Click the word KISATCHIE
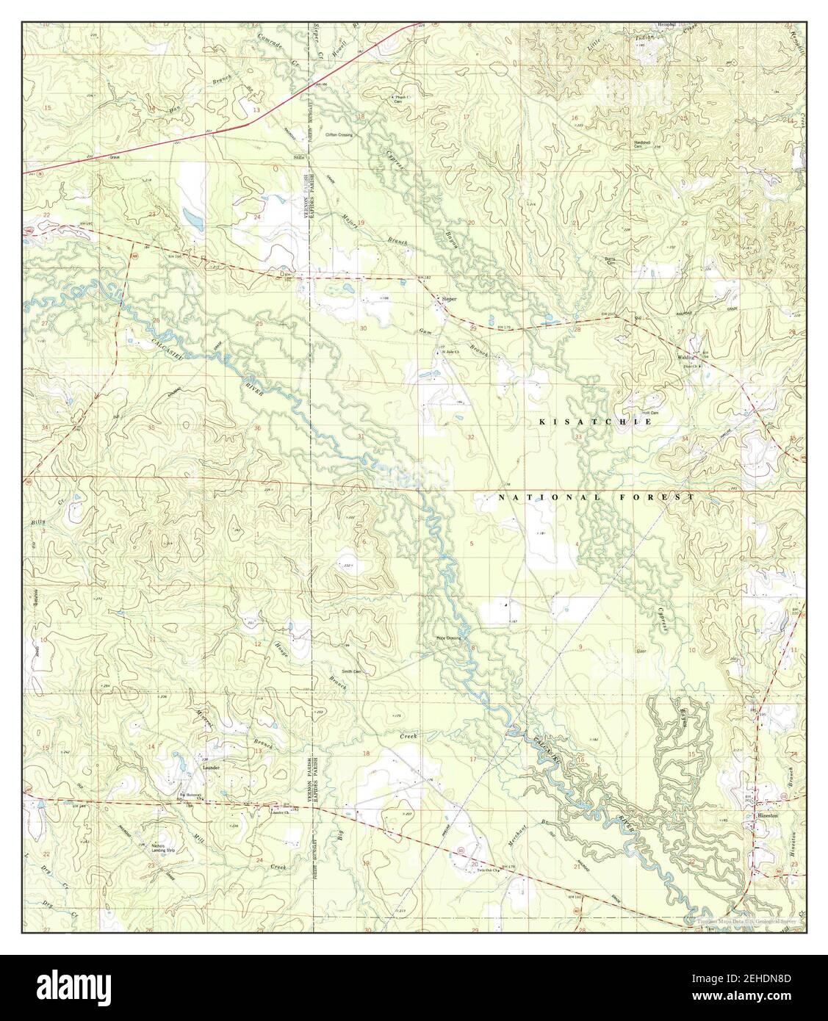596,422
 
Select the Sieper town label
449,300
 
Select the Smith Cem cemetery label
351,671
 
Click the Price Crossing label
447,638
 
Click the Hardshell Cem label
644,144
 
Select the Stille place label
298,156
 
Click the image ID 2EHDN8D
766,981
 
